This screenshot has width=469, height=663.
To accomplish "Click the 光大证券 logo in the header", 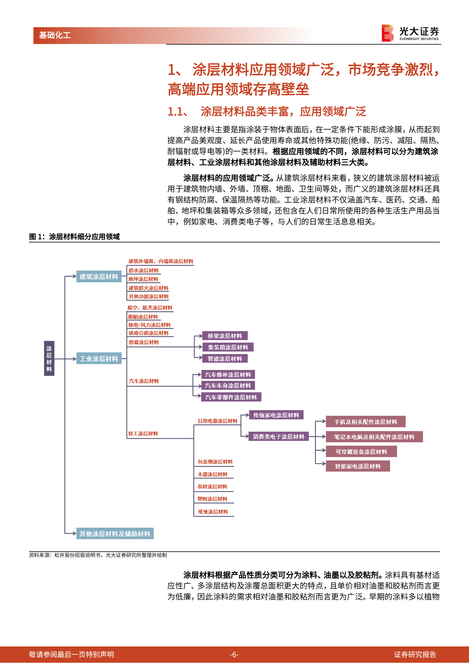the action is click(410, 33).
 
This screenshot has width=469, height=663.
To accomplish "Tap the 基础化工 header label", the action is click(55, 35).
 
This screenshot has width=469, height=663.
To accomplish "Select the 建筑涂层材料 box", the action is click(99, 277).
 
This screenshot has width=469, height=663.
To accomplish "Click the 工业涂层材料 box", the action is click(99, 359).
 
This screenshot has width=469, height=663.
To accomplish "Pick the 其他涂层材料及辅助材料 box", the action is click(115, 534).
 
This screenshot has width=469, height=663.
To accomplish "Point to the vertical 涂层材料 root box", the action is click(49, 359).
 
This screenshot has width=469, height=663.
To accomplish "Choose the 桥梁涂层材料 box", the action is click(225, 336).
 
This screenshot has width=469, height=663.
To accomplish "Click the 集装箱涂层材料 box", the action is click(228, 347).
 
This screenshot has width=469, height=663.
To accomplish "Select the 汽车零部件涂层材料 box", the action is click(231, 397).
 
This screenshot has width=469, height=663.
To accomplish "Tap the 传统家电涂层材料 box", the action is click(276, 415).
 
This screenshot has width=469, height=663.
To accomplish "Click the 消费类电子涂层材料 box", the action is click(278, 436).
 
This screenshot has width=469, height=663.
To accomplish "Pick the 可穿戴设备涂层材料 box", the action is click(361, 452).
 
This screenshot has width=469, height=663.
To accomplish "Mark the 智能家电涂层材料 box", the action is click(358, 466).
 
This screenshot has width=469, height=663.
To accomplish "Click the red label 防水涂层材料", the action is click(144, 271).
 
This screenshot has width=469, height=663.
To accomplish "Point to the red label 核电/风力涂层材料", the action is click(150, 325).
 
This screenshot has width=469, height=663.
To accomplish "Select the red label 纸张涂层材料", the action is click(213, 512).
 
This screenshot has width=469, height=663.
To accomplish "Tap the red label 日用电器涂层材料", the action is click(218, 421).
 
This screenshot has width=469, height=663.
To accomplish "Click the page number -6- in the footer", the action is click(234, 655).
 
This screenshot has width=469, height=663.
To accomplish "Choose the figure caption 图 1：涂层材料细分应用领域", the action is click(74, 237).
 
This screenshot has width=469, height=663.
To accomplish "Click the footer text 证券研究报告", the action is click(415, 655).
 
